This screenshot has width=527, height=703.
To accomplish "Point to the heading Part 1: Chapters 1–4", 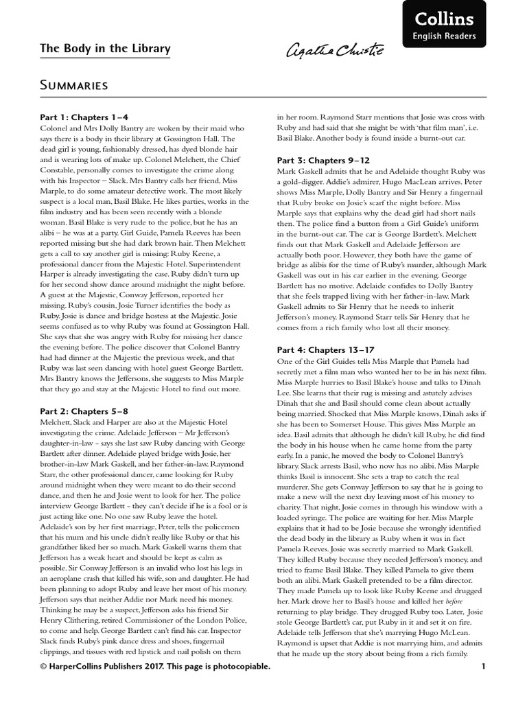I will (84, 117).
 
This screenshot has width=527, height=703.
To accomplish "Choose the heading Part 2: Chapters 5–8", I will (84, 411).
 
